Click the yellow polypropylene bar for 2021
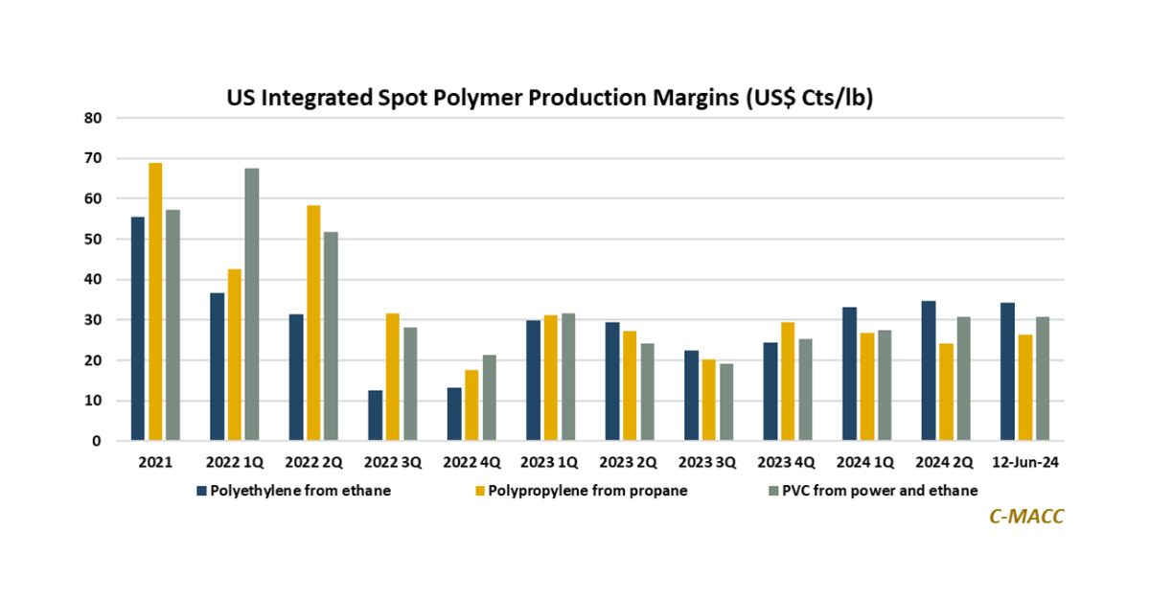tap(155, 302)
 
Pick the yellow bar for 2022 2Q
tap(313, 323)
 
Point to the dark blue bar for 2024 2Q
tap(929, 371)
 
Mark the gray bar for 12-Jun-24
tap(1042, 379)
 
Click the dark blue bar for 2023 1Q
tap(532, 381)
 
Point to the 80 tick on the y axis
tap(94, 118)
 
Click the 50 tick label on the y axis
tap(94, 240)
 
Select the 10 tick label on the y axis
tap(94, 401)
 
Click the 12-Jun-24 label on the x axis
tap(1025, 462)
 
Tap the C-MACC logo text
tap(1026, 516)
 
